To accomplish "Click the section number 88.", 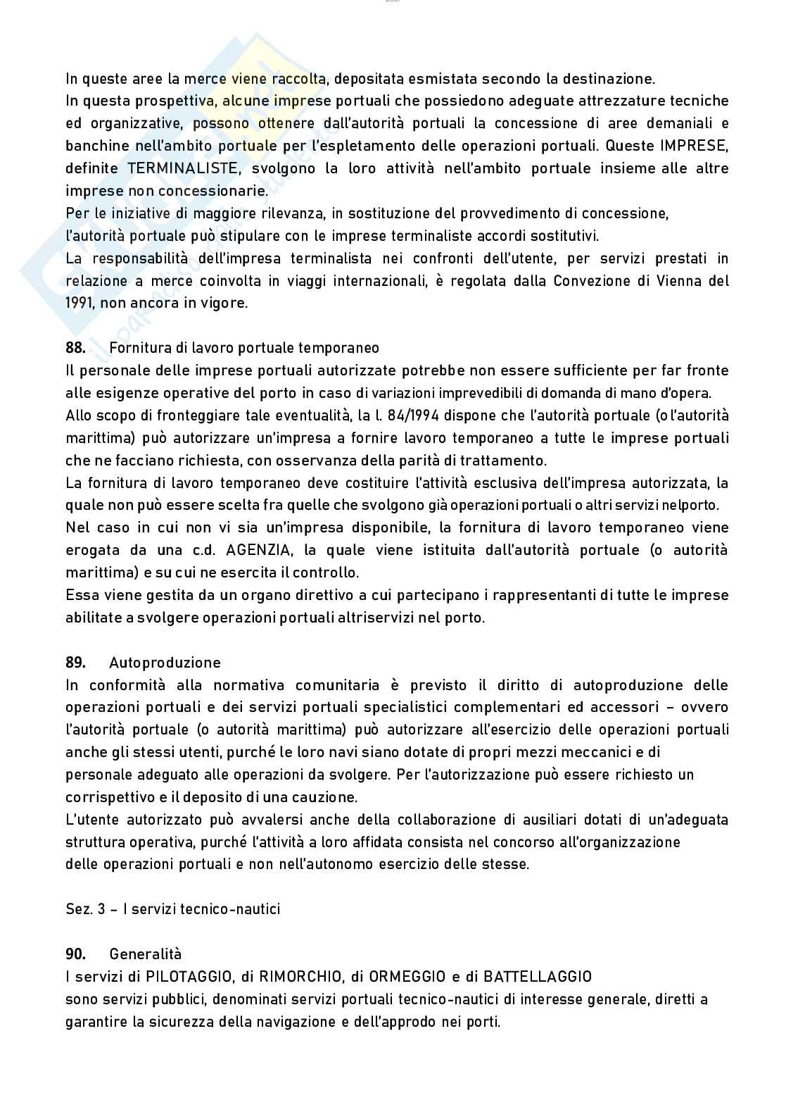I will (x=75, y=348).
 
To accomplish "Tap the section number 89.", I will (x=75, y=663).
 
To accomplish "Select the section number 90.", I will (x=75, y=954).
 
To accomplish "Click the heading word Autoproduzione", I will (x=165, y=663).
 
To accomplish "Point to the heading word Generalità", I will (x=145, y=954).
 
